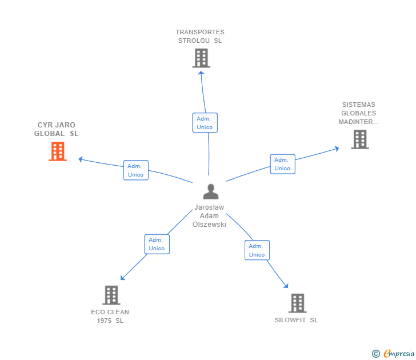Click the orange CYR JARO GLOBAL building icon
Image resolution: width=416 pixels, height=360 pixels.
(x=58, y=151)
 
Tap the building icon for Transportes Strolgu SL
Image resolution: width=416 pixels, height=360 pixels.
(x=201, y=58)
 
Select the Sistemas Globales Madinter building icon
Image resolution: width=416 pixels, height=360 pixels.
(x=359, y=139)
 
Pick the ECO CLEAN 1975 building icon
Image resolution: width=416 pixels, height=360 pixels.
(x=111, y=295)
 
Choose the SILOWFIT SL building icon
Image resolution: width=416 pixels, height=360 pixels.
(x=297, y=303)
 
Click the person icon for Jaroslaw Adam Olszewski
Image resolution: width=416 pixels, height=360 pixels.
(x=211, y=191)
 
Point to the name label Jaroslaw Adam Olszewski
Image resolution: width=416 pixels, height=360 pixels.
(x=209, y=216)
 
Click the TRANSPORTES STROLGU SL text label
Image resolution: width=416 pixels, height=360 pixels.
(x=200, y=37)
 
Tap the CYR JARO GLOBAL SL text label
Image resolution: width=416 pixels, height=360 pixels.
(x=57, y=129)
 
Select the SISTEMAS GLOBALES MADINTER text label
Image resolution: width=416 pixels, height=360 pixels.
(x=359, y=113)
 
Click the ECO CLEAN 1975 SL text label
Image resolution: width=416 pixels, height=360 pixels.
(x=110, y=316)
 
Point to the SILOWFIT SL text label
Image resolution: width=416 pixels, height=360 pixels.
(x=296, y=320)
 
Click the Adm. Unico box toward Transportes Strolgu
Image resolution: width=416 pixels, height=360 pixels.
(x=205, y=123)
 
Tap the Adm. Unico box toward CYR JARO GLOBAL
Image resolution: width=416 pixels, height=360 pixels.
(x=135, y=170)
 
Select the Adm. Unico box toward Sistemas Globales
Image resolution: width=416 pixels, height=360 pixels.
(x=282, y=164)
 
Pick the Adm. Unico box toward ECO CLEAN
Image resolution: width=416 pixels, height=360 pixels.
(x=157, y=244)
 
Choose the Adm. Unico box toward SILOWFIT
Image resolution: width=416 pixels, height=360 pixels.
(x=257, y=250)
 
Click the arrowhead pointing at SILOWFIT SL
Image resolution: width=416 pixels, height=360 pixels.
(x=286, y=286)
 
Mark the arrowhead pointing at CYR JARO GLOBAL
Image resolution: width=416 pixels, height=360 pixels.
(x=81, y=159)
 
